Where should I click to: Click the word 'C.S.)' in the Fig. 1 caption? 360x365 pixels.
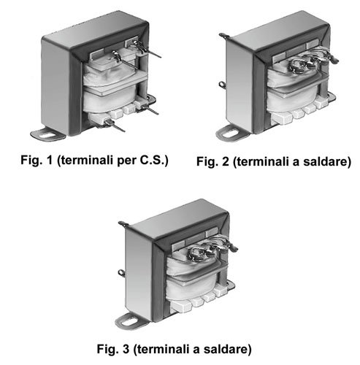[154, 160]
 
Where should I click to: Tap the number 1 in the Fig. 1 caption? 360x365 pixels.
[50, 160]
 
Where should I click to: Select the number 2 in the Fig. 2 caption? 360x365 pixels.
[226, 161]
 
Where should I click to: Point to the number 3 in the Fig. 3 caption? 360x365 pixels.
[126, 348]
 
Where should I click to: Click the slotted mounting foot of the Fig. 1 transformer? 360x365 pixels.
[47, 134]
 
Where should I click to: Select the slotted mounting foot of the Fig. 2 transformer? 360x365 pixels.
[231, 134]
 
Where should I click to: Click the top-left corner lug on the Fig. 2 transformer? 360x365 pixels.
[224, 36]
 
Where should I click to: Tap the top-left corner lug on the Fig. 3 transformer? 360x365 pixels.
[123, 224]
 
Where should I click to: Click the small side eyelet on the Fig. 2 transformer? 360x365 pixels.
[222, 85]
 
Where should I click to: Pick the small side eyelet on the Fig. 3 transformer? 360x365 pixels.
[121, 273]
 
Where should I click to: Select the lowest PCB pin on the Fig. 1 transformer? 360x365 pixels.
[115, 126]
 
